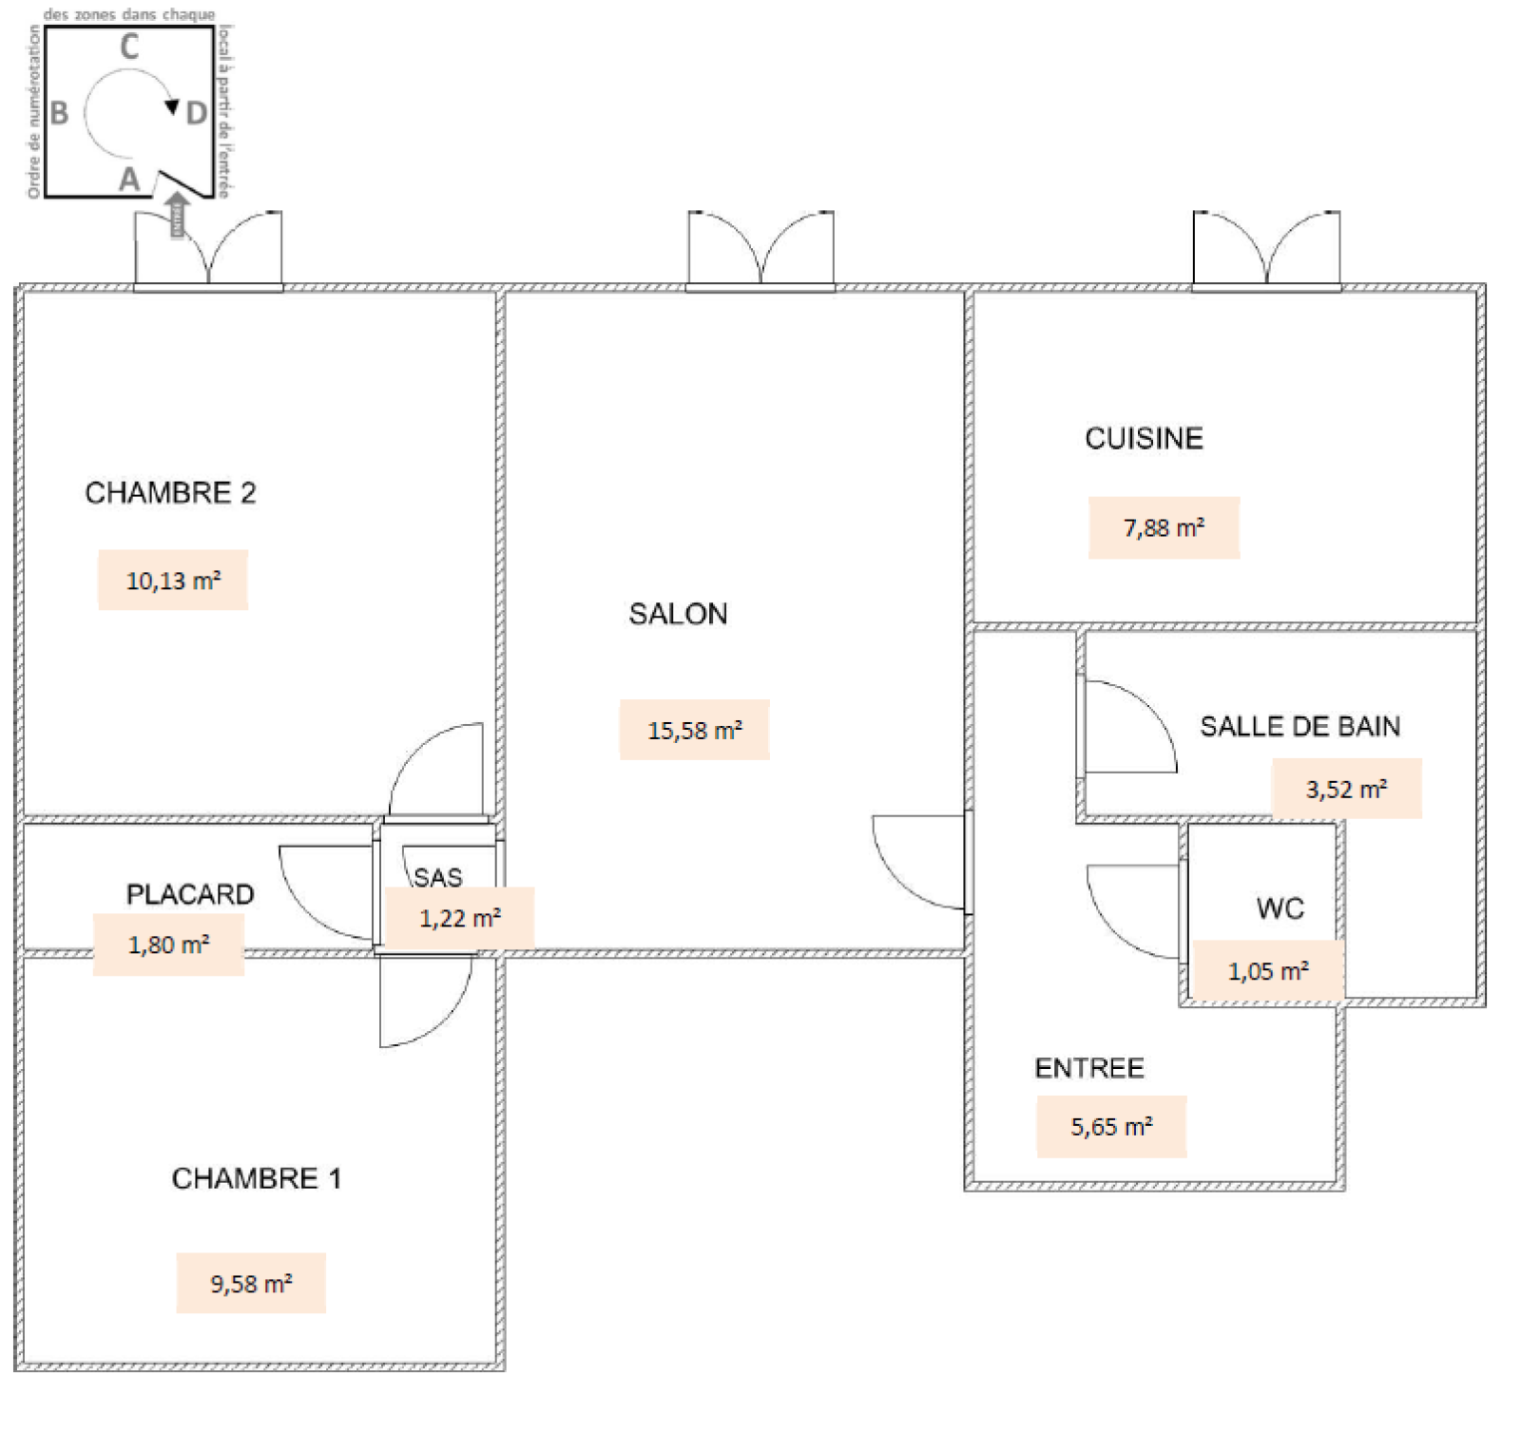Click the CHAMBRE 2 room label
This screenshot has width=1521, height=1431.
(x=170, y=493)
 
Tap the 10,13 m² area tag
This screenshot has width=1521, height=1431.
(x=173, y=581)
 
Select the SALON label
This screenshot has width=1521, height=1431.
(x=678, y=614)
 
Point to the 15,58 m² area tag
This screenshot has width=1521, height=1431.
(x=694, y=731)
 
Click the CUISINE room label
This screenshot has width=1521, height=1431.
(x=1144, y=438)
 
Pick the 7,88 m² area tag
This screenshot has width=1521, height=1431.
(x=1164, y=528)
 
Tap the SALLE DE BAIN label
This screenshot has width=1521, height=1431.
(x=1300, y=727)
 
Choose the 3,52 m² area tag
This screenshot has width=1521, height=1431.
(x=1346, y=789)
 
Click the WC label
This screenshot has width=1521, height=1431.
(x=1280, y=908)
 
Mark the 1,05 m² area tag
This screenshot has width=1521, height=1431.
(x=1267, y=971)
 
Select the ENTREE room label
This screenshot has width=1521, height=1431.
(x=1088, y=1068)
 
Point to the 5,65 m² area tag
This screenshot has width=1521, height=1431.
(x=1111, y=1127)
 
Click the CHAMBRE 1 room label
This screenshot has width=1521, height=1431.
(x=256, y=1178)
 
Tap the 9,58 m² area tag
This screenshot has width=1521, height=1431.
(x=251, y=1284)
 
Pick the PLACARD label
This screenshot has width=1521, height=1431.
(x=190, y=894)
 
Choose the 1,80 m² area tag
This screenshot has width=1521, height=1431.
(x=168, y=945)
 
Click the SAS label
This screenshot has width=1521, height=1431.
(x=437, y=877)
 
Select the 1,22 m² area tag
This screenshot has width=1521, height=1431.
(x=459, y=918)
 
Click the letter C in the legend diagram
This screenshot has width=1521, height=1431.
(x=129, y=47)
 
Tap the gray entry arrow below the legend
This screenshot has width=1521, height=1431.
(x=177, y=215)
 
